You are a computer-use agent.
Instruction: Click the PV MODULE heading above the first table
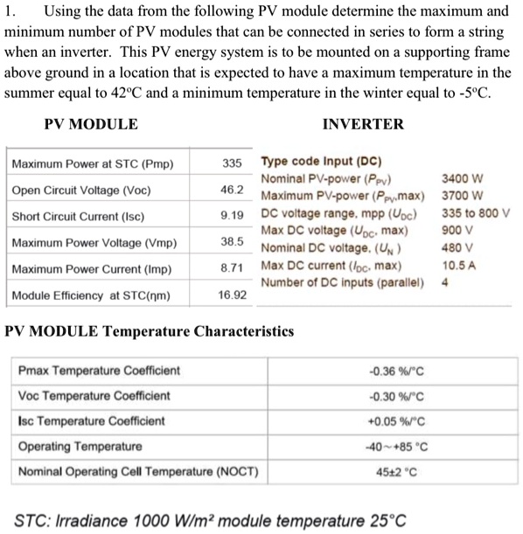pyautogui.click(x=91, y=124)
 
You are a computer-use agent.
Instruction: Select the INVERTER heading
pyautogui.click(x=363, y=124)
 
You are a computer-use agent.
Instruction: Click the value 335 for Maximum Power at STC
pyautogui.click(x=232, y=163)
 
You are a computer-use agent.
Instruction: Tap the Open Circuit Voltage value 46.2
pyautogui.click(x=232, y=190)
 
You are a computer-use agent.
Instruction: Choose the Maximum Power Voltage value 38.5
pyautogui.click(x=232, y=242)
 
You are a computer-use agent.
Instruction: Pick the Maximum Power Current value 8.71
pyautogui.click(x=232, y=268)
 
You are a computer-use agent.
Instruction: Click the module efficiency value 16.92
pyautogui.click(x=232, y=295)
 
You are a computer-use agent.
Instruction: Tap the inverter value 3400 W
pyautogui.click(x=464, y=179)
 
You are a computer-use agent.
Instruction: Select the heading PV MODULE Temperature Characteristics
pyautogui.click(x=150, y=332)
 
